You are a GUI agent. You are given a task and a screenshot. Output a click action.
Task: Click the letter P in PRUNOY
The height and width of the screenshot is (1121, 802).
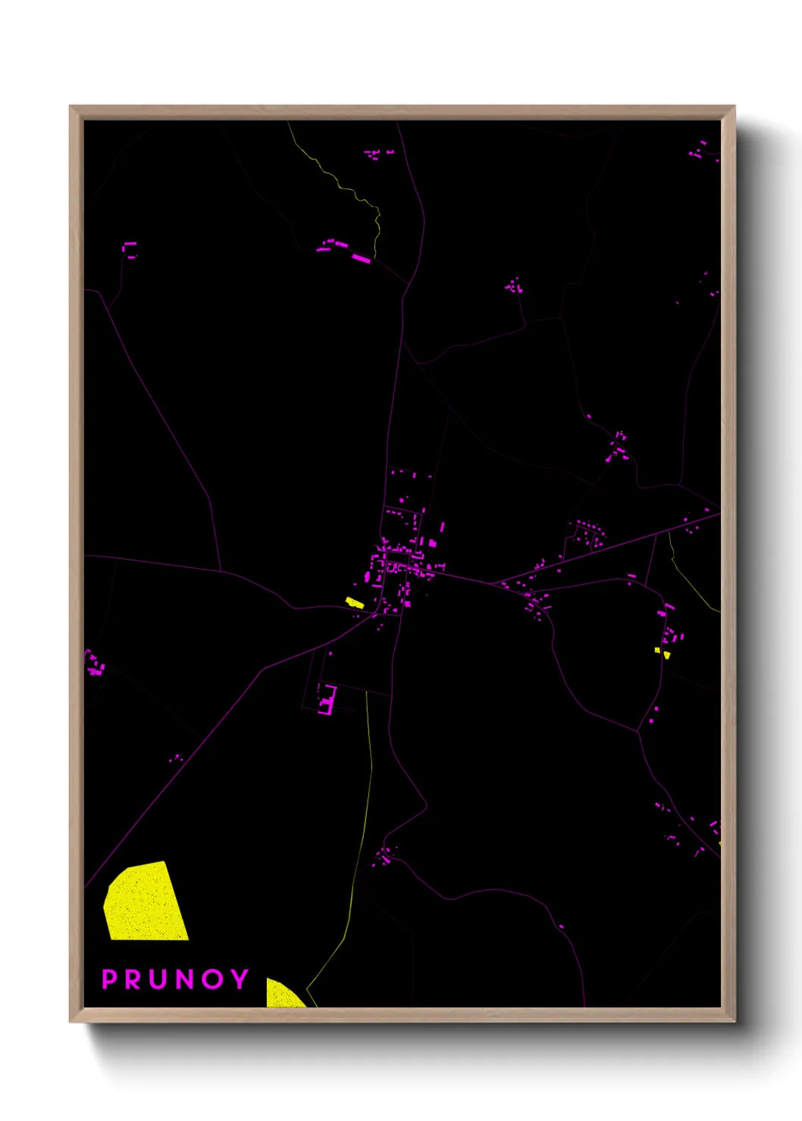[110, 979]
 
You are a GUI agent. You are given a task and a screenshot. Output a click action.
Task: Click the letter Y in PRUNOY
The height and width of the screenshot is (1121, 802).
[240, 979]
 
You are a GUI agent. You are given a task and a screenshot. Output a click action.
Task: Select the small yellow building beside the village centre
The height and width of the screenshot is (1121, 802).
[355, 603]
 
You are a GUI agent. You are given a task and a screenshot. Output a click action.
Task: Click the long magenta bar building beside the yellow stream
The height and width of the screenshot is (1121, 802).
[361, 259]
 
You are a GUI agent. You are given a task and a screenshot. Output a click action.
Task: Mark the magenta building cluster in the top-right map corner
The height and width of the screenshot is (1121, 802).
[698, 151]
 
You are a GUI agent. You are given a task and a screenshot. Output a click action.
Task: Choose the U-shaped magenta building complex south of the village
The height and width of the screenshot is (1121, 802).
[328, 701]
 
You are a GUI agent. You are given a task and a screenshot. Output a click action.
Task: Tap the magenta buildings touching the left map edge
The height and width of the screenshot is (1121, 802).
[94, 664]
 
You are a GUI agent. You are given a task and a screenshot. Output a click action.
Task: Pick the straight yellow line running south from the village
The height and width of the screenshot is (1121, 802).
[370, 757]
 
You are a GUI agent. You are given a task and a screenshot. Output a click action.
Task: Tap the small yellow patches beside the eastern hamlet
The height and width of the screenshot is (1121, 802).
[662, 651]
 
